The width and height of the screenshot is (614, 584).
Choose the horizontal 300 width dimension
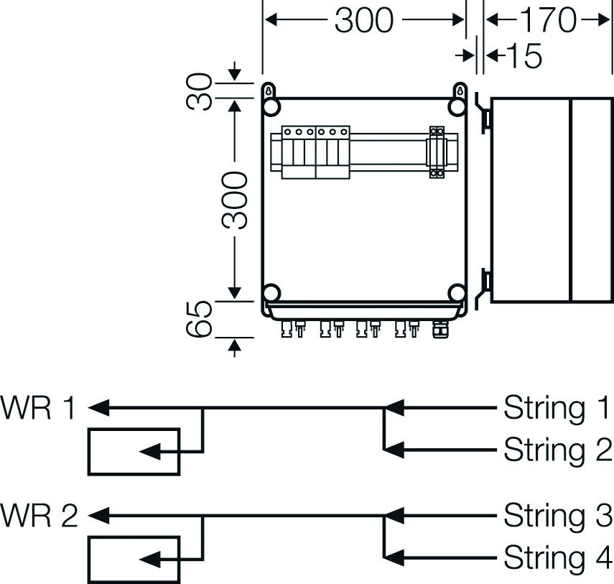tap(364, 21)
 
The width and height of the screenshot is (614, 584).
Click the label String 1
tap(557, 408)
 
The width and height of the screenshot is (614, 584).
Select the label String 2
tap(557, 450)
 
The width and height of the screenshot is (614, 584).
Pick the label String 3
tap(557, 515)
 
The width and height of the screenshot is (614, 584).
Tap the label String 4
tap(557, 557)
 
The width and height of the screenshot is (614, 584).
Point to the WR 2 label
tap(39, 515)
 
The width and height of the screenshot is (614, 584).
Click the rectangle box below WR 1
tap(134, 452)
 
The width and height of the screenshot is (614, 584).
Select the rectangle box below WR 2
tap(134, 559)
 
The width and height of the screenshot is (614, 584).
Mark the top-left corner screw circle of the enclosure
tap(271, 107)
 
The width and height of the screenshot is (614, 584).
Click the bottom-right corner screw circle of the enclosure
tap(457, 293)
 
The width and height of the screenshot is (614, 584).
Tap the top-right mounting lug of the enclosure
tap(460, 91)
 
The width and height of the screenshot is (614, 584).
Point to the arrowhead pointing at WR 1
tap(98, 408)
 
